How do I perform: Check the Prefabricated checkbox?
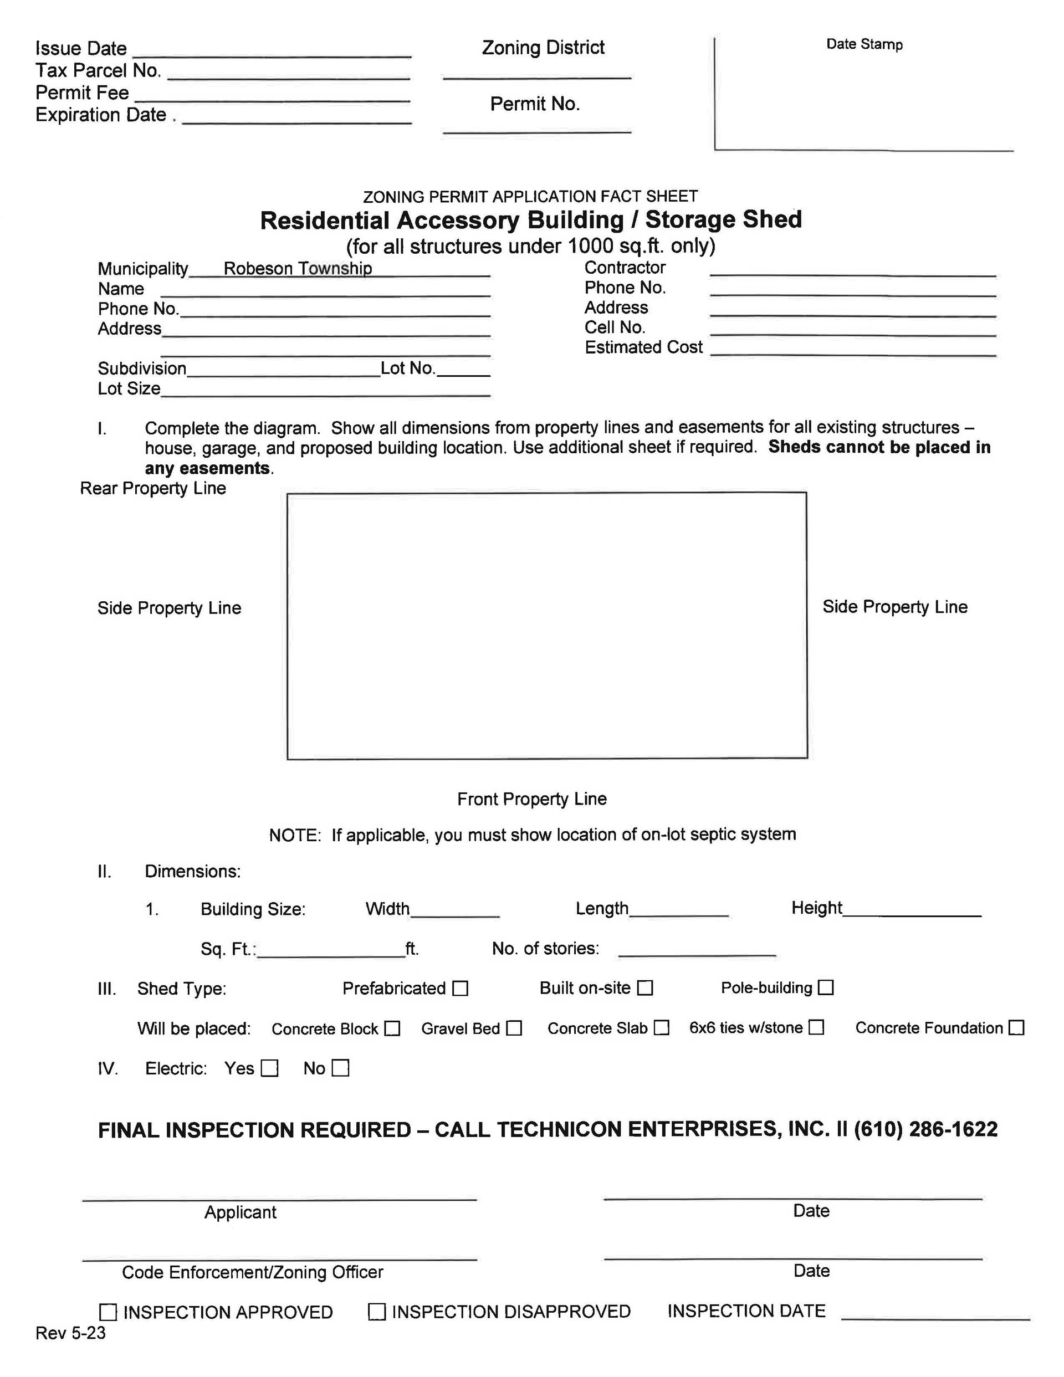(x=461, y=988)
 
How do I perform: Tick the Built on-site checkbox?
(x=644, y=987)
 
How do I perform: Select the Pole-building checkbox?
(x=826, y=987)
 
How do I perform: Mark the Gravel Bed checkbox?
(x=514, y=1028)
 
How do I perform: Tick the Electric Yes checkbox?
(x=269, y=1068)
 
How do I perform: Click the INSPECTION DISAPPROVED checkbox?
(x=376, y=1312)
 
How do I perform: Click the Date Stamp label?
(x=864, y=44)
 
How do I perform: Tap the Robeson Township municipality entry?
(x=298, y=268)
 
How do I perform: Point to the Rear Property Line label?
(x=152, y=488)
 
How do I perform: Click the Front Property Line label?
(x=531, y=799)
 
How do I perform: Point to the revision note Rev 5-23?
(x=70, y=1333)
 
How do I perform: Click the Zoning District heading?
(x=543, y=47)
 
